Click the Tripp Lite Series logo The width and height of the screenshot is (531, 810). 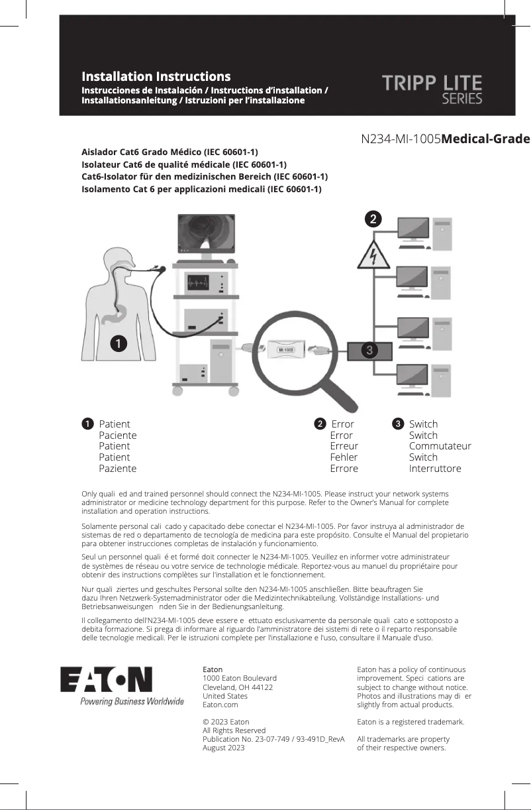(x=432, y=89)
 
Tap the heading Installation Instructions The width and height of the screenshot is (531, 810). (x=156, y=77)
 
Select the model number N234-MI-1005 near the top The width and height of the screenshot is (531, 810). (x=401, y=139)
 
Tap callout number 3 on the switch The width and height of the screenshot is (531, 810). (x=369, y=349)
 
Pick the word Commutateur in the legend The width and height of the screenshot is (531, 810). (x=440, y=446)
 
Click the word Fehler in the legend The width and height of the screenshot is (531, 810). (x=344, y=457)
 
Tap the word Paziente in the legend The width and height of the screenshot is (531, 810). (x=118, y=469)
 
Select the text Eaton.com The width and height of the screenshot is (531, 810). (x=220, y=705)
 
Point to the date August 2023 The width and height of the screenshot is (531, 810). (x=223, y=748)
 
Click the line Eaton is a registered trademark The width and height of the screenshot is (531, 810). (x=410, y=722)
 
